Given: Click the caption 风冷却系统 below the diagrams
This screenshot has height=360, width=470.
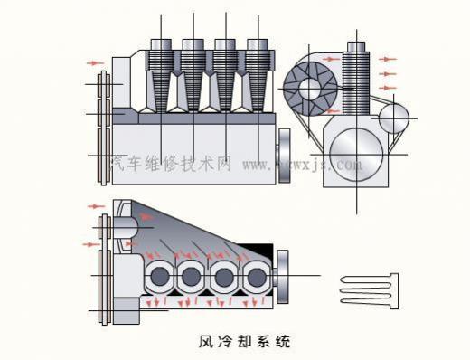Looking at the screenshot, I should click(246, 343).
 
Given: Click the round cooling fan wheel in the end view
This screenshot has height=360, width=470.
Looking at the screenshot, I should click(310, 88).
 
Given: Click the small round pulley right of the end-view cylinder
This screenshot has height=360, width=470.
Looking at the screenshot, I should click(393, 118).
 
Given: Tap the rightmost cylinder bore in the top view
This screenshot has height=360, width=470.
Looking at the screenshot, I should click(255, 276).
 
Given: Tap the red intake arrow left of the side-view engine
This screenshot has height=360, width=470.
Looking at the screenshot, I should click(94, 63).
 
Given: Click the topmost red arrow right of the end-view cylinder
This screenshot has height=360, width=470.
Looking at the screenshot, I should click(389, 58).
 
